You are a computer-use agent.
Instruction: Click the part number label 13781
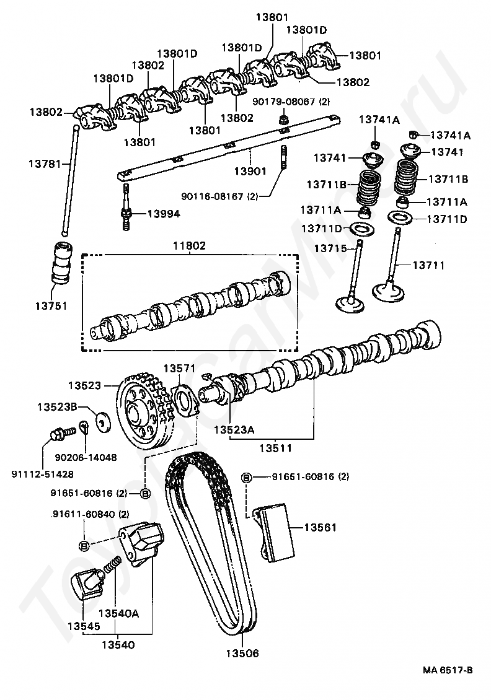click(45, 164)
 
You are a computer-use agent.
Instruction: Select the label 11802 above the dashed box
click(190, 245)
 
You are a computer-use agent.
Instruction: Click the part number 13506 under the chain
click(242, 653)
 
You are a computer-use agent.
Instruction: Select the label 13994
click(164, 214)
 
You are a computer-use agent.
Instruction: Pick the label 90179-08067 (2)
click(291, 102)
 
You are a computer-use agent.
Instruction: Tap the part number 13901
click(250, 171)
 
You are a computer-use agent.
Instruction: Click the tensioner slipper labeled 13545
click(87, 585)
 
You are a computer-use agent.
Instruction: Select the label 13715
click(330, 248)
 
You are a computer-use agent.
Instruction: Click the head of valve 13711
click(389, 292)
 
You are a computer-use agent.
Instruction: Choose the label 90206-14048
click(86, 457)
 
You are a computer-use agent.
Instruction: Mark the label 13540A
click(119, 613)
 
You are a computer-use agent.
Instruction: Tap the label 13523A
click(234, 430)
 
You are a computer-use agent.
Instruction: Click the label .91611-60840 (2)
click(91, 514)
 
